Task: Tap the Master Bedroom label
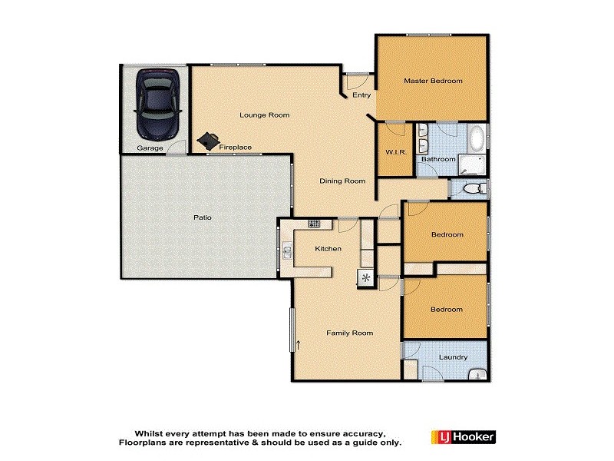click(434, 81)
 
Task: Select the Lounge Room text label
click(264, 115)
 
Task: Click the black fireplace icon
click(206, 141)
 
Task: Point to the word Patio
click(202, 217)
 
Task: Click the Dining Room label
click(342, 181)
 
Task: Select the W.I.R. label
click(394, 152)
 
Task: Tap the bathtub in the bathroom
click(477, 139)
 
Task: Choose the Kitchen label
click(328, 249)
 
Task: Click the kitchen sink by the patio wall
click(287, 250)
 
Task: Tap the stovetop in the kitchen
click(314, 224)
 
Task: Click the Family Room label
click(349, 333)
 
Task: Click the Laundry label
click(454, 357)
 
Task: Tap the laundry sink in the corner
click(478, 375)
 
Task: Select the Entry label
click(361, 95)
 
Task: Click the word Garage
click(150, 148)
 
